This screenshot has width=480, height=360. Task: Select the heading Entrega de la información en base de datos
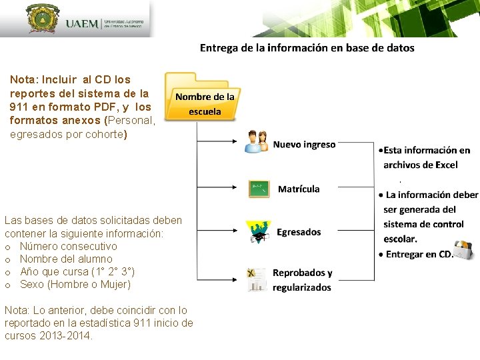pos(307,48)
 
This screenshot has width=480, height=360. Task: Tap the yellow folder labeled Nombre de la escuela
pos(203,97)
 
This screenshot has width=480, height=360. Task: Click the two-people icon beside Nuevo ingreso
pos(257,142)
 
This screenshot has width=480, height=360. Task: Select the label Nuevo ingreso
pos(304,144)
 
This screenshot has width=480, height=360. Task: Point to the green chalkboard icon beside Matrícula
pos(259,189)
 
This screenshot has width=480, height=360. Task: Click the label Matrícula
pos(299,189)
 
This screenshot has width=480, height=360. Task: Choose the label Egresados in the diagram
pos(299,232)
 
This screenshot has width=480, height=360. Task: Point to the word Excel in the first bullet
pos(445,165)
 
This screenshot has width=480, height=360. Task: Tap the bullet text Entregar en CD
pos(418,254)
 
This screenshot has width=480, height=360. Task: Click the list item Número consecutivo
pos(68,246)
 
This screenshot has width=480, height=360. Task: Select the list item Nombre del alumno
pos(65,259)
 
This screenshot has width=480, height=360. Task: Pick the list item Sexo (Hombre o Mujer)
pos(75,284)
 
